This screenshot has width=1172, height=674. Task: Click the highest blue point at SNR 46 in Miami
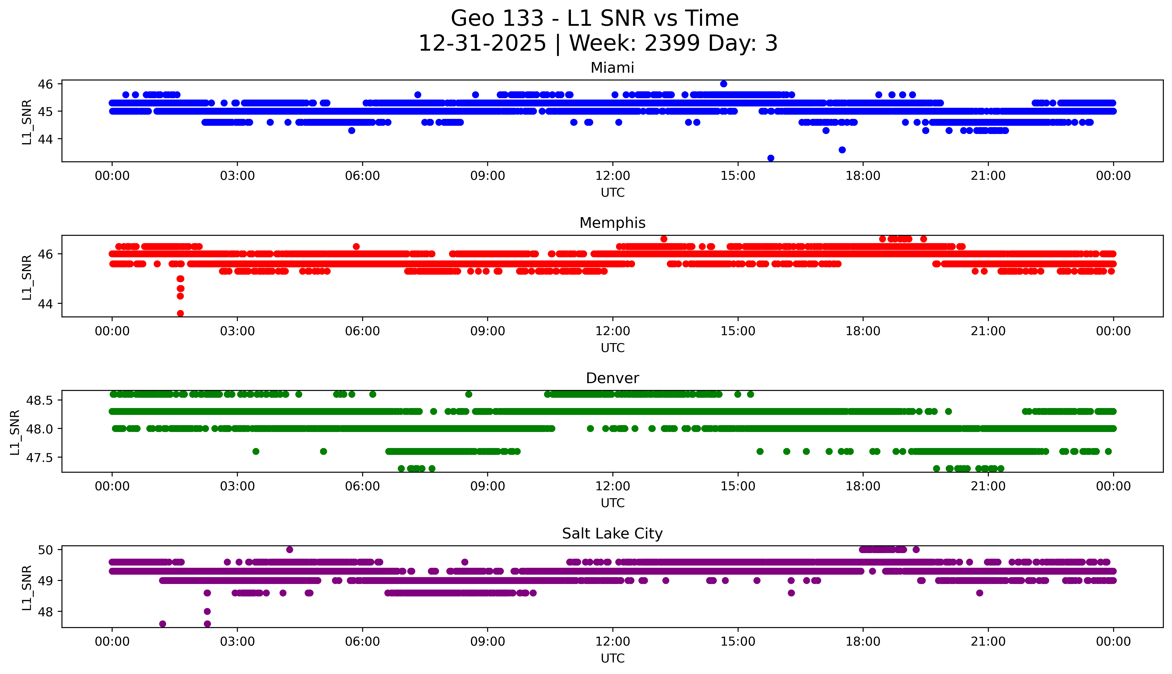click(x=723, y=84)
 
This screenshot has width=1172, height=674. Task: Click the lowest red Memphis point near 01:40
click(x=180, y=313)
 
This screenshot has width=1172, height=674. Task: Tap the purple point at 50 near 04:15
click(x=290, y=550)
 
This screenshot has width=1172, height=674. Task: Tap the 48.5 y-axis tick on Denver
click(x=39, y=400)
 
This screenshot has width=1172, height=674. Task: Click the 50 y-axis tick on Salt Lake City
click(x=46, y=550)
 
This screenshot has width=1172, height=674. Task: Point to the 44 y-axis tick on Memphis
click(x=46, y=304)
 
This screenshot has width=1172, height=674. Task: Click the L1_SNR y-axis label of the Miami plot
click(x=27, y=122)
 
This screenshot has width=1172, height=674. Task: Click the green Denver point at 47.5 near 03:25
click(x=256, y=451)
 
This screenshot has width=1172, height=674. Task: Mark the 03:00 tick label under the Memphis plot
click(x=237, y=332)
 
